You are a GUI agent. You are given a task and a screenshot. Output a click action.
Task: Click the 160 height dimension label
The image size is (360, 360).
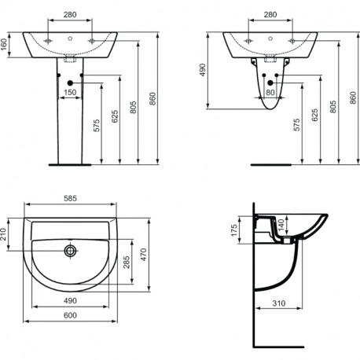[4, 45]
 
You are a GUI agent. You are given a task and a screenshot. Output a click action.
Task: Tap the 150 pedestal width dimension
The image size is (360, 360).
[70, 92]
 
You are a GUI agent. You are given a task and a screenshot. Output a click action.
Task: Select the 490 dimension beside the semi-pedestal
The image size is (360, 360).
[203, 70]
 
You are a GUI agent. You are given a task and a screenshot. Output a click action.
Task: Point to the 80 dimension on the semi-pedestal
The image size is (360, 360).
[270, 92]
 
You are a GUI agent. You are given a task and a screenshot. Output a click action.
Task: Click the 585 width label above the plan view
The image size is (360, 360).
[70, 198]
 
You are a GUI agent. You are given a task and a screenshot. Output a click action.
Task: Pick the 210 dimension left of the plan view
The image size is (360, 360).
[3, 234]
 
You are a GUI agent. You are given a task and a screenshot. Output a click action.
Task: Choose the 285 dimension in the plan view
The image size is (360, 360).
[127, 262]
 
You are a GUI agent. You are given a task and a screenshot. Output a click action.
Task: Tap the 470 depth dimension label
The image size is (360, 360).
[144, 255]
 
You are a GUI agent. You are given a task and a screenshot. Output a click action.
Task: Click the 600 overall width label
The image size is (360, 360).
[70, 315]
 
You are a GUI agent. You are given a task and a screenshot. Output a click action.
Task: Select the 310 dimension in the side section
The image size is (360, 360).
[278, 303]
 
